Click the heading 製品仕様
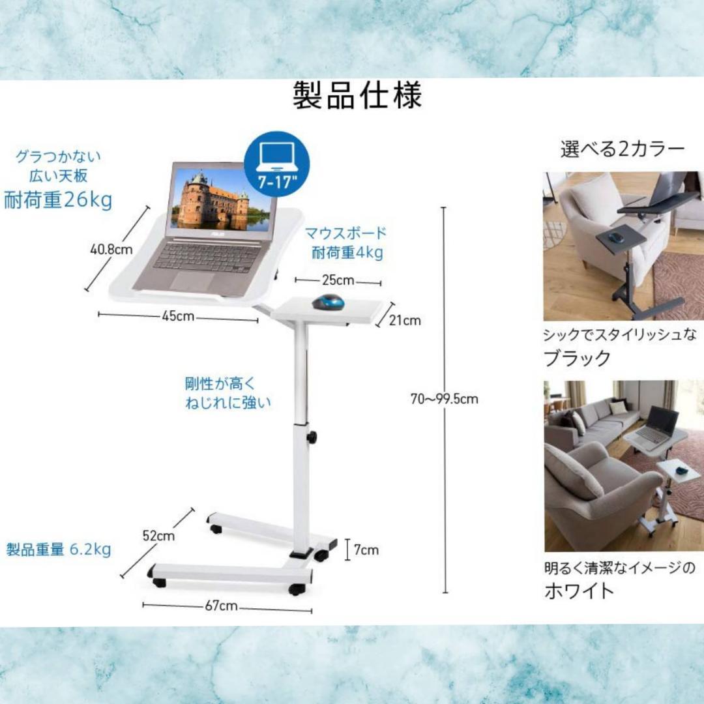coord(357,96)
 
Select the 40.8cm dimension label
coord(111,248)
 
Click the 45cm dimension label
coord(178,316)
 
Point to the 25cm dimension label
coord(338,280)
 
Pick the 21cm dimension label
coord(405,320)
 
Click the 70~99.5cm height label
coord(444,399)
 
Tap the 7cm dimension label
coord(366,550)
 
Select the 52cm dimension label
coord(159,536)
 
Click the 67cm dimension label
coord(221,606)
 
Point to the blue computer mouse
coord(328,302)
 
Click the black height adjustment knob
coord(312,437)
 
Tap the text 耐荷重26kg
coord(58,200)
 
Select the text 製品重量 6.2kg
coord(59,550)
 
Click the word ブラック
coord(578,358)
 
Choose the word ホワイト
coord(579,591)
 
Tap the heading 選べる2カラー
coord(623,149)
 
